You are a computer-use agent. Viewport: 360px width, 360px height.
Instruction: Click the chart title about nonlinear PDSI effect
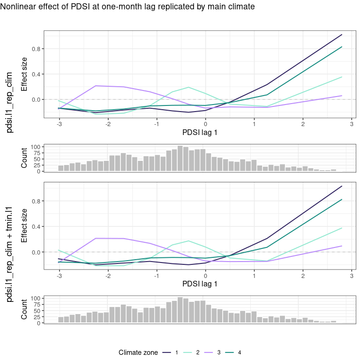pyautogui.click(x=127, y=7)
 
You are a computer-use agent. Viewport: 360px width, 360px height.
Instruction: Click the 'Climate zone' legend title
pyautogui.click(x=138, y=352)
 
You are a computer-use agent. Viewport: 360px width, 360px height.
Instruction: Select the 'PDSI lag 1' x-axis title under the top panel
pyautogui.click(x=200, y=133)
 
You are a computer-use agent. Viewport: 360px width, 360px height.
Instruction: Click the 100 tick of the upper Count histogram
pyautogui.click(x=36, y=147)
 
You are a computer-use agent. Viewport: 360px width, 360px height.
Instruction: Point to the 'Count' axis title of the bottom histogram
pyautogui.click(x=24, y=310)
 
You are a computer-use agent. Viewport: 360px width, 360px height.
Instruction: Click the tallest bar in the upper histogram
pyautogui.click(x=180, y=159)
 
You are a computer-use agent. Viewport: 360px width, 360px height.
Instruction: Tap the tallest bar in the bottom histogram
pyautogui.click(x=180, y=310)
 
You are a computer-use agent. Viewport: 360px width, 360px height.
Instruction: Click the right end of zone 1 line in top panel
pyautogui.click(x=342, y=35)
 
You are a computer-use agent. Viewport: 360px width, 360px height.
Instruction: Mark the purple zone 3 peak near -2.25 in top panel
pyautogui.click(x=96, y=86)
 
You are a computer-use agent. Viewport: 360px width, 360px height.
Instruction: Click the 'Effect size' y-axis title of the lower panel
pyautogui.click(x=24, y=226)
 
